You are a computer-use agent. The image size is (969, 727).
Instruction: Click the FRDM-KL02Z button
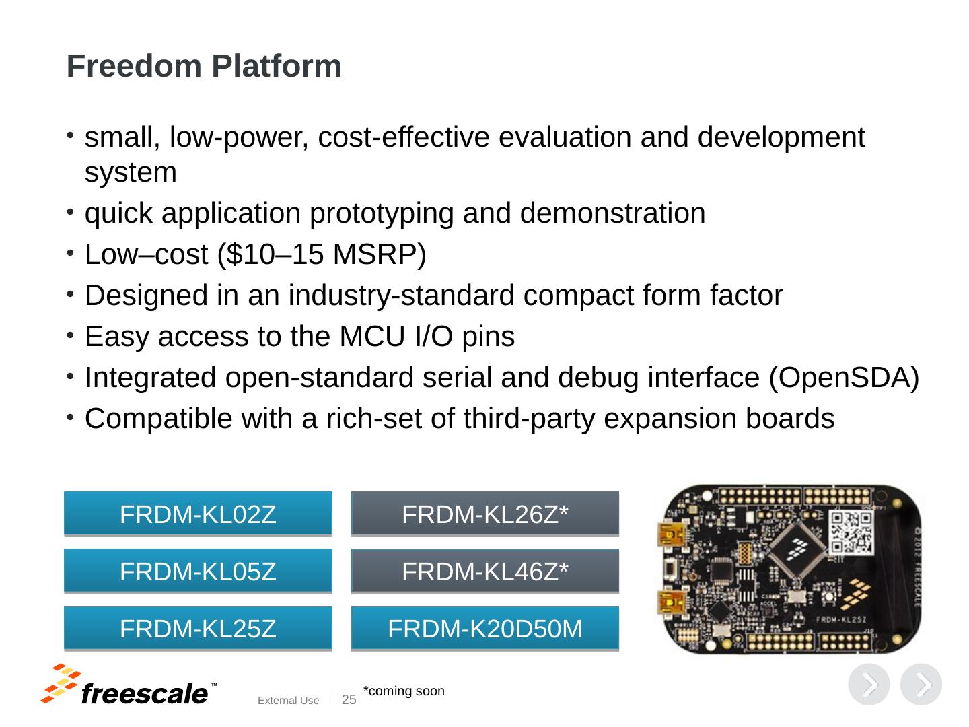click(x=198, y=514)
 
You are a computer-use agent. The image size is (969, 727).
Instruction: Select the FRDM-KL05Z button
click(x=198, y=572)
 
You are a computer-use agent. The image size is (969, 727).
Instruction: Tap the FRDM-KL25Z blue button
click(x=198, y=629)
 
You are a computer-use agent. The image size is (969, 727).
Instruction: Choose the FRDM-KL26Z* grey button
click(x=485, y=514)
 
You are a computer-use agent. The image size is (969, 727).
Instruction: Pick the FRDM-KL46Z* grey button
click(x=485, y=572)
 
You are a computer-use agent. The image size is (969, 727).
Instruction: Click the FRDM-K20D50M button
click(x=485, y=629)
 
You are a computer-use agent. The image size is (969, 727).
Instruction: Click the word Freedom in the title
click(x=134, y=67)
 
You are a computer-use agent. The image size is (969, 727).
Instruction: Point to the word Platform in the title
click(x=277, y=67)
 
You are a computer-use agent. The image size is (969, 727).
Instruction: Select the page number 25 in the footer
click(x=349, y=700)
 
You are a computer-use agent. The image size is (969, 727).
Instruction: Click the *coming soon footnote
click(x=404, y=691)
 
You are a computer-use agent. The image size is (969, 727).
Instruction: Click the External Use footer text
click(x=288, y=701)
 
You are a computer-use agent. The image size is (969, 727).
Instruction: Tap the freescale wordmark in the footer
click(x=144, y=693)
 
